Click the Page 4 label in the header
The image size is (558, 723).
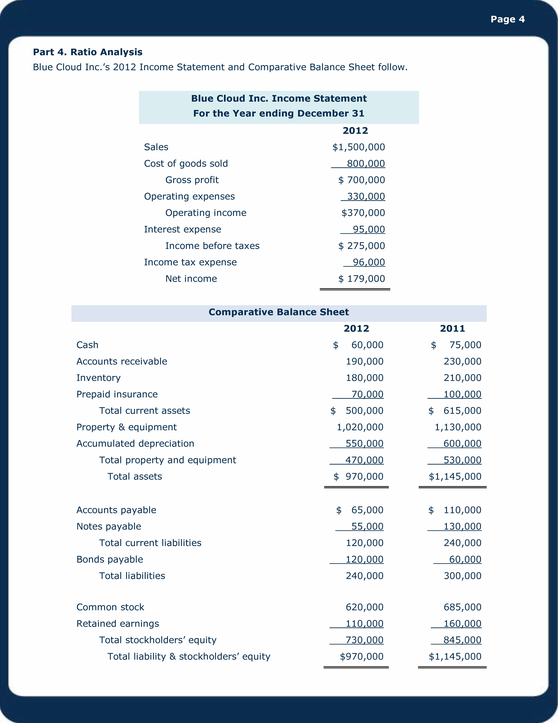(507, 19)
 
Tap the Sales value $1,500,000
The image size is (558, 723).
(359, 147)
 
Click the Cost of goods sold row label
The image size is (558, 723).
(186, 164)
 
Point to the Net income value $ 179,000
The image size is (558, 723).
(362, 279)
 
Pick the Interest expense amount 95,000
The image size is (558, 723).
(369, 229)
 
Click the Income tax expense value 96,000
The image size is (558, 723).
(369, 262)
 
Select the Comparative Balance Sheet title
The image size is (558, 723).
(279, 312)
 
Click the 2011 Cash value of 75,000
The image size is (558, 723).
(465, 345)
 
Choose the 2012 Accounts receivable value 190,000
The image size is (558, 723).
(365, 361)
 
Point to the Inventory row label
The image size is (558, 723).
(98, 378)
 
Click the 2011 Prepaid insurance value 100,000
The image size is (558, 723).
(462, 394)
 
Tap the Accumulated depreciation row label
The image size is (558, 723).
(135, 444)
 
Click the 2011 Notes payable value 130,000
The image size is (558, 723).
(462, 526)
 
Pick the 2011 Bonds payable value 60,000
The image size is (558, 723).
(465, 559)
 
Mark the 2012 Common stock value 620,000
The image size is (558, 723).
(365, 607)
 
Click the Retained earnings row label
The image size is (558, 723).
(118, 624)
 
